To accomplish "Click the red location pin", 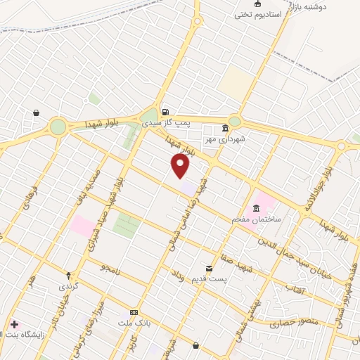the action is pyautogui.click(x=181, y=166).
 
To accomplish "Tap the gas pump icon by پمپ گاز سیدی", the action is pyautogui.click(x=165, y=112).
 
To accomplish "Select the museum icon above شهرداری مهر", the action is pyautogui.click(x=225, y=128).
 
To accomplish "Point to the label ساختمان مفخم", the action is pyautogui.click(x=257, y=219).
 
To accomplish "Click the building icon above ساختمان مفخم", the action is pyautogui.click(x=255, y=208).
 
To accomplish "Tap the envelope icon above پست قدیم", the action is pyautogui.click(x=209, y=269).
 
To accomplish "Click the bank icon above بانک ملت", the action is pyautogui.click(x=134, y=312).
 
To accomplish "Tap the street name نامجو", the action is pyautogui.click(x=110, y=268).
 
